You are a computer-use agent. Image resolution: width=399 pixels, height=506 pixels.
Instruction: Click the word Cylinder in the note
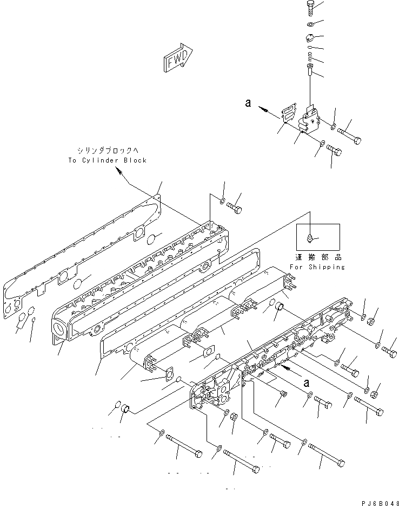[100, 160]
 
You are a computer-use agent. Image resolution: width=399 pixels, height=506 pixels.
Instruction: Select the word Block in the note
[134, 160]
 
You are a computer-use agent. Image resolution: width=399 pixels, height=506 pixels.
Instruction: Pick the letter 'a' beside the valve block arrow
[248, 103]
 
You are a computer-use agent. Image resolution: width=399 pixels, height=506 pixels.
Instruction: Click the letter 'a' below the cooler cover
[306, 382]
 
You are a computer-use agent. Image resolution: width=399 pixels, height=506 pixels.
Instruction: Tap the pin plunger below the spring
[309, 69]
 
